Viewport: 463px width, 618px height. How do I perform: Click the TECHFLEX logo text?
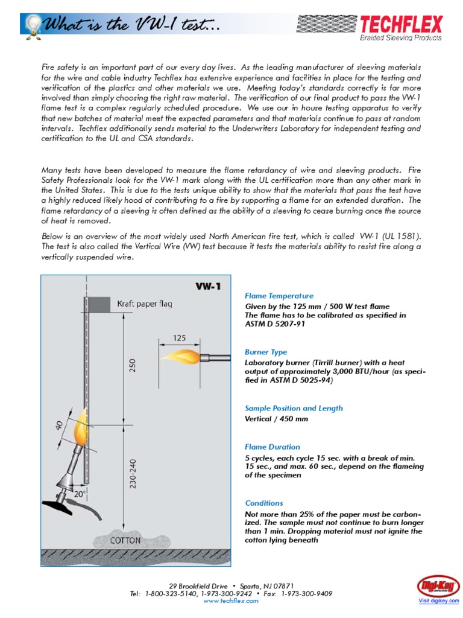click(x=401, y=24)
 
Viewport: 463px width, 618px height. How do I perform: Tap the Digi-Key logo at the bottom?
click(x=438, y=586)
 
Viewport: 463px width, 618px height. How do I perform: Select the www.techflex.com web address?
click(x=231, y=601)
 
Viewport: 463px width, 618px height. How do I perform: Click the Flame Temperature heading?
click(x=279, y=296)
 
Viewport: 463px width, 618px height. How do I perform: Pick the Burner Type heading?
click(x=266, y=352)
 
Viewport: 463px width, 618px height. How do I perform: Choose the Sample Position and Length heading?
click(x=294, y=408)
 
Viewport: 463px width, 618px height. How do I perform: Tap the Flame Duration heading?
click(x=272, y=447)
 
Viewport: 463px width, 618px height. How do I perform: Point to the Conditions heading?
click(x=263, y=503)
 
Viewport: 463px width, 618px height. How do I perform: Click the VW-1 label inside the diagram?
click(x=208, y=286)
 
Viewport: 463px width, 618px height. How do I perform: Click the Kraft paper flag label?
click(x=145, y=304)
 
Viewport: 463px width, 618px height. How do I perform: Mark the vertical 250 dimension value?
click(x=133, y=366)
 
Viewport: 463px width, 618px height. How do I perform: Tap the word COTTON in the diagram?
click(x=125, y=541)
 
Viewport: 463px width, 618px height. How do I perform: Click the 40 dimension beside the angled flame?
click(x=60, y=424)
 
